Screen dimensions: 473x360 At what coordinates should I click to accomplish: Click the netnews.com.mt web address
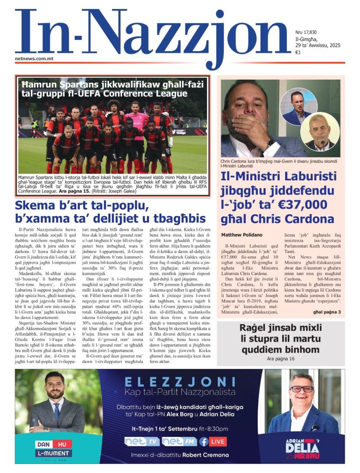pyautogui.click(x=34, y=58)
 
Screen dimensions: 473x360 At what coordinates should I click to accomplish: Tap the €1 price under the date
pyautogui.click(x=298, y=52)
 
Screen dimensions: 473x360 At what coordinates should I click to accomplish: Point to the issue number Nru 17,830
pyautogui.click(x=306, y=32)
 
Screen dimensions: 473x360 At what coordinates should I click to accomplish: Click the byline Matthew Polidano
pyautogui.click(x=242, y=235)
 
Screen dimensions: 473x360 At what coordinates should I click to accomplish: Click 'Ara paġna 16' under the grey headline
pyautogui.click(x=280, y=358)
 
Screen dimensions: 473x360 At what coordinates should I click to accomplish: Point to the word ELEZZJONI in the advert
pyautogui.click(x=180, y=382)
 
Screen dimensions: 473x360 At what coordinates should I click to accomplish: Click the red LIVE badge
pyautogui.click(x=218, y=441)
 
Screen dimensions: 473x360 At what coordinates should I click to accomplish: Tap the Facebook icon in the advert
pyautogui.click(x=204, y=442)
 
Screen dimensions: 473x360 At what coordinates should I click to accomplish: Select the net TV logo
pyautogui.click(x=142, y=441)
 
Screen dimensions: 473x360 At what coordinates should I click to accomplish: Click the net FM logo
pyautogui.click(x=179, y=441)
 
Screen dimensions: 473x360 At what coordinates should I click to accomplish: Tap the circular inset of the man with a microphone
pyautogui.click(x=320, y=131)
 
